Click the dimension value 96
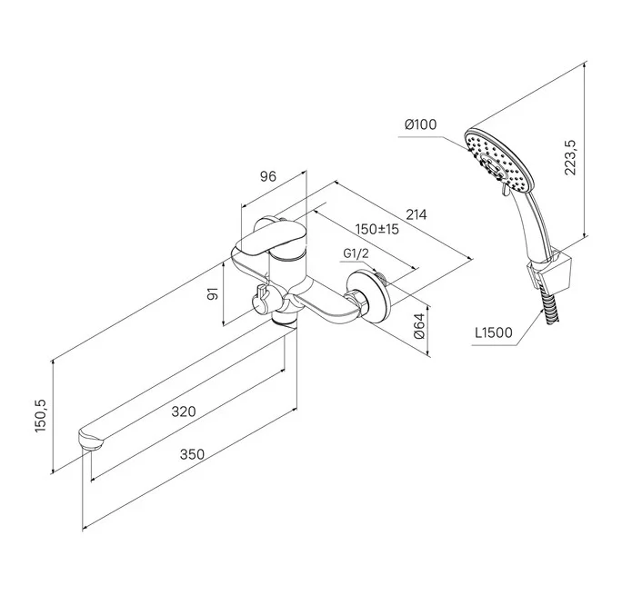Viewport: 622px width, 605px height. click(x=267, y=176)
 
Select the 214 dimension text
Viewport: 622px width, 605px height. click(x=416, y=214)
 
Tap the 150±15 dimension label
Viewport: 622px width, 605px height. click(x=376, y=229)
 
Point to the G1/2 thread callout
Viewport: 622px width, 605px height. click(x=356, y=253)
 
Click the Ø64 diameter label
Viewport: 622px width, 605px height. click(x=419, y=326)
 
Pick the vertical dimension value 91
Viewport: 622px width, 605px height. click(x=214, y=294)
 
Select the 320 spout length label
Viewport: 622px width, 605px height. click(x=184, y=412)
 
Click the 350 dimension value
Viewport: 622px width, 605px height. click(x=192, y=454)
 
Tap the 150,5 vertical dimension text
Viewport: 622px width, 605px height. click(x=41, y=415)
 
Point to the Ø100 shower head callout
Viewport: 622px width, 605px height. click(x=420, y=124)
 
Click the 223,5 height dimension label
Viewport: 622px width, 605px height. click(x=570, y=157)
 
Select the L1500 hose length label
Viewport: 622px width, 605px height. click(x=494, y=332)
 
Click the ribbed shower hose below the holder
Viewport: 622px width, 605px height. click(x=550, y=307)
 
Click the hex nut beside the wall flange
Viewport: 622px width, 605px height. click(x=356, y=300)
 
